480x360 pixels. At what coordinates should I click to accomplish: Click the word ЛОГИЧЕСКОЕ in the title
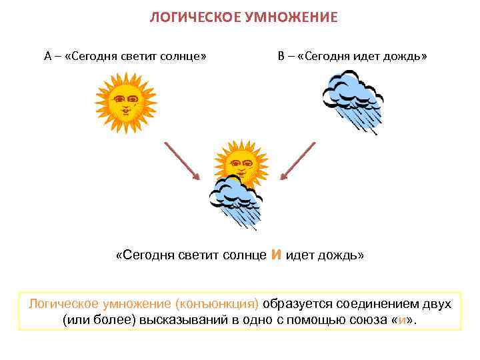191,17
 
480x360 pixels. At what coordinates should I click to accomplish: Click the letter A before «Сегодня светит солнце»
48,56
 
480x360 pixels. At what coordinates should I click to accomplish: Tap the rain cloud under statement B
351,100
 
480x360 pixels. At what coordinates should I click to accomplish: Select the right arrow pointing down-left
297,159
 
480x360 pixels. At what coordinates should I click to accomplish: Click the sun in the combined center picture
240,161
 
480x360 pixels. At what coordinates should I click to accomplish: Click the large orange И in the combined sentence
278,254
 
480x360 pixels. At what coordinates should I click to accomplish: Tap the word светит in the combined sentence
199,255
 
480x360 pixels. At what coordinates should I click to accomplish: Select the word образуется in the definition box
294,304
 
